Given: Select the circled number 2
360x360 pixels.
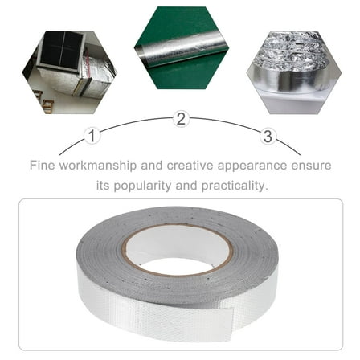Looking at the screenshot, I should (181, 120).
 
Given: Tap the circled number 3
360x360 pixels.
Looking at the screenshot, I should (268, 136).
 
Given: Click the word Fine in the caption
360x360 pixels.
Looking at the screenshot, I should (42, 166).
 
